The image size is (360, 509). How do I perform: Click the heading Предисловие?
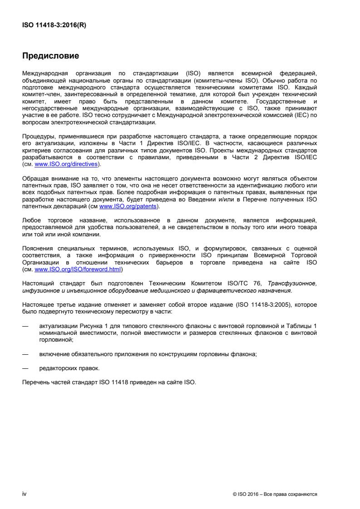[x=51, y=57]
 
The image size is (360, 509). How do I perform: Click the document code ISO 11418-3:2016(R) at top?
[x=54, y=25]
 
